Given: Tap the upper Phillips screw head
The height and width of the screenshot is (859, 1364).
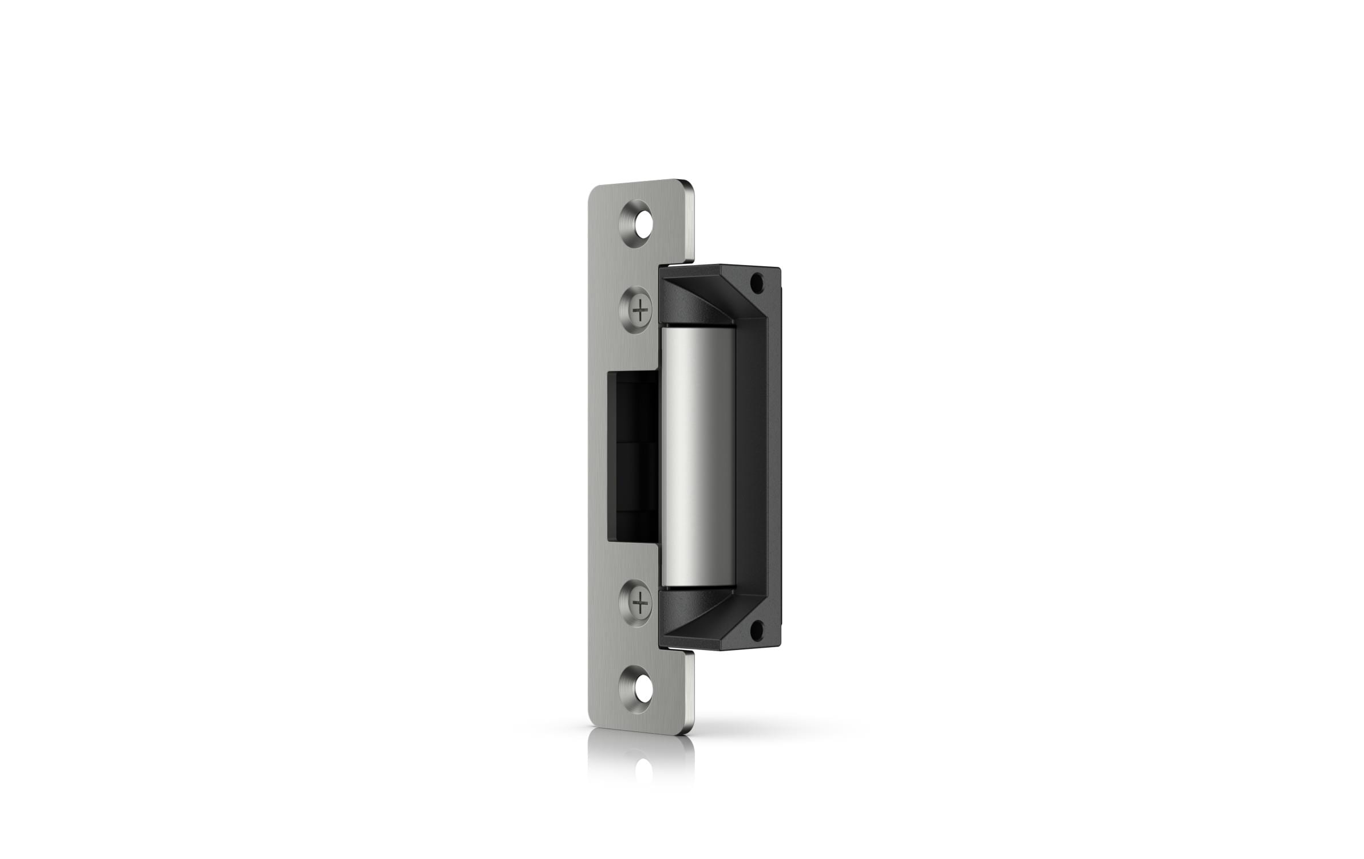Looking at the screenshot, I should pos(639,311).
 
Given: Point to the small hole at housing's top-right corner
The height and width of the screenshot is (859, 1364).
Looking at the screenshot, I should pos(757,281).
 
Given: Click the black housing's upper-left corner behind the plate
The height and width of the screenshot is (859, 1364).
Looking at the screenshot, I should pos(664,268).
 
